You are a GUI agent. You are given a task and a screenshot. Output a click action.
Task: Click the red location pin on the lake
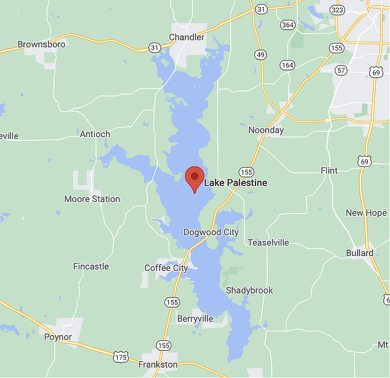pyautogui.click(x=194, y=178)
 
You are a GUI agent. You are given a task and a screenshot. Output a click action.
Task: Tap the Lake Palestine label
pyautogui.click(x=235, y=183)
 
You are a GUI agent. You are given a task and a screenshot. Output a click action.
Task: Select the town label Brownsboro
pyautogui.click(x=41, y=44)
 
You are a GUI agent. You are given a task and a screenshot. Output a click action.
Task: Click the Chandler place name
pyautogui.click(x=187, y=37)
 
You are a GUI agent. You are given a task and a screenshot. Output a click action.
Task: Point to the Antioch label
pyautogui.click(x=95, y=134)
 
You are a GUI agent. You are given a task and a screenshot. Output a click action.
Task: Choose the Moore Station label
pyautogui.click(x=92, y=199)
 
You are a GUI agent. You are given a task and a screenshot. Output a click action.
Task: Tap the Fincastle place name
pyautogui.click(x=91, y=266)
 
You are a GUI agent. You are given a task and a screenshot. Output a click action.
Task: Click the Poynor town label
pyautogui.click(x=58, y=337)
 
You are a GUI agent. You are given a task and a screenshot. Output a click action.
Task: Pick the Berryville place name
pyautogui.click(x=195, y=318)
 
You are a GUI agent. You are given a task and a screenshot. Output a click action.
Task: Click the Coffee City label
pyautogui.click(x=166, y=268)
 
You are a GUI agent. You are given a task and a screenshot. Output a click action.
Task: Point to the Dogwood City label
pyautogui.click(x=211, y=232)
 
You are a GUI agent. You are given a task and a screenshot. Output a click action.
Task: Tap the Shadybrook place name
pyautogui.click(x=250, y=290)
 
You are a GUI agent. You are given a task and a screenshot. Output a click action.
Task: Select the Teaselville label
pyautogui.click(x=268, y=242)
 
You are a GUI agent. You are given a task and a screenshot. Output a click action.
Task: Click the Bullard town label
pyautogui.click(x=359, y=253)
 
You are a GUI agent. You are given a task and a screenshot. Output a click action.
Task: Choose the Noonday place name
pyautogui.click(x=266, y=130)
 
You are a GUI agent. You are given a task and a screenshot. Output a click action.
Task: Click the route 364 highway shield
pyautogui.click(x=287, y=25)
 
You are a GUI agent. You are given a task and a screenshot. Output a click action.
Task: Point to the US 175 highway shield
pyautogui.click(x=121, y=357)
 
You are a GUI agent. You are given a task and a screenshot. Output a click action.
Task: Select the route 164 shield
pyautogui.click(x=287, y=65)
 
